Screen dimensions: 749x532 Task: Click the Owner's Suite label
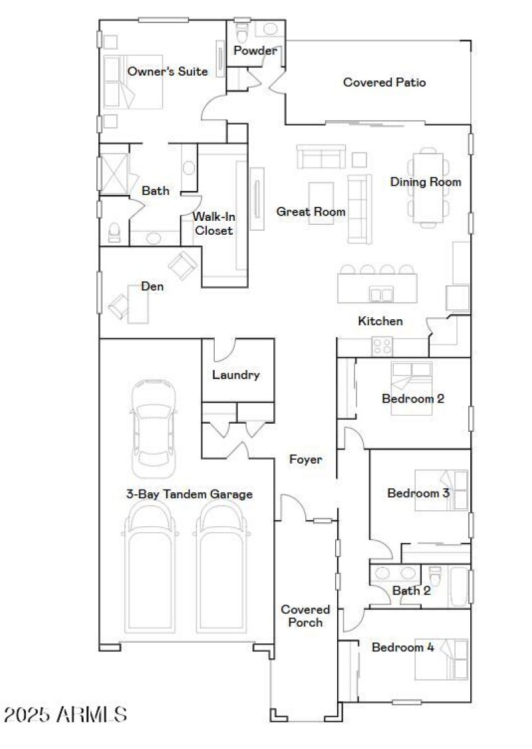[168, 71]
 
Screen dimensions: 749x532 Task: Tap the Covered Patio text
[384, 82]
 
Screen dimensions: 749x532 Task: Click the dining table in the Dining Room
[428, 188]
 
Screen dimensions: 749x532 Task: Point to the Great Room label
[311, 212]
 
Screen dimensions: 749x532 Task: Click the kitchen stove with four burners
[382, 346]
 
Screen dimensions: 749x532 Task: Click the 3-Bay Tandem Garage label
[190, 494]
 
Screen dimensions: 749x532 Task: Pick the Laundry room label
[235, 375]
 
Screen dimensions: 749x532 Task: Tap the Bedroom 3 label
[418, 494]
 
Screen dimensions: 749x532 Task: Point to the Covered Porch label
[305, 616]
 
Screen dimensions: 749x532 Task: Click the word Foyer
[306, 459]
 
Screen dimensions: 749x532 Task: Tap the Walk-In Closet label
[213, 224]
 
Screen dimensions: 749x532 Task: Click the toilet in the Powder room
[241, 32]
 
